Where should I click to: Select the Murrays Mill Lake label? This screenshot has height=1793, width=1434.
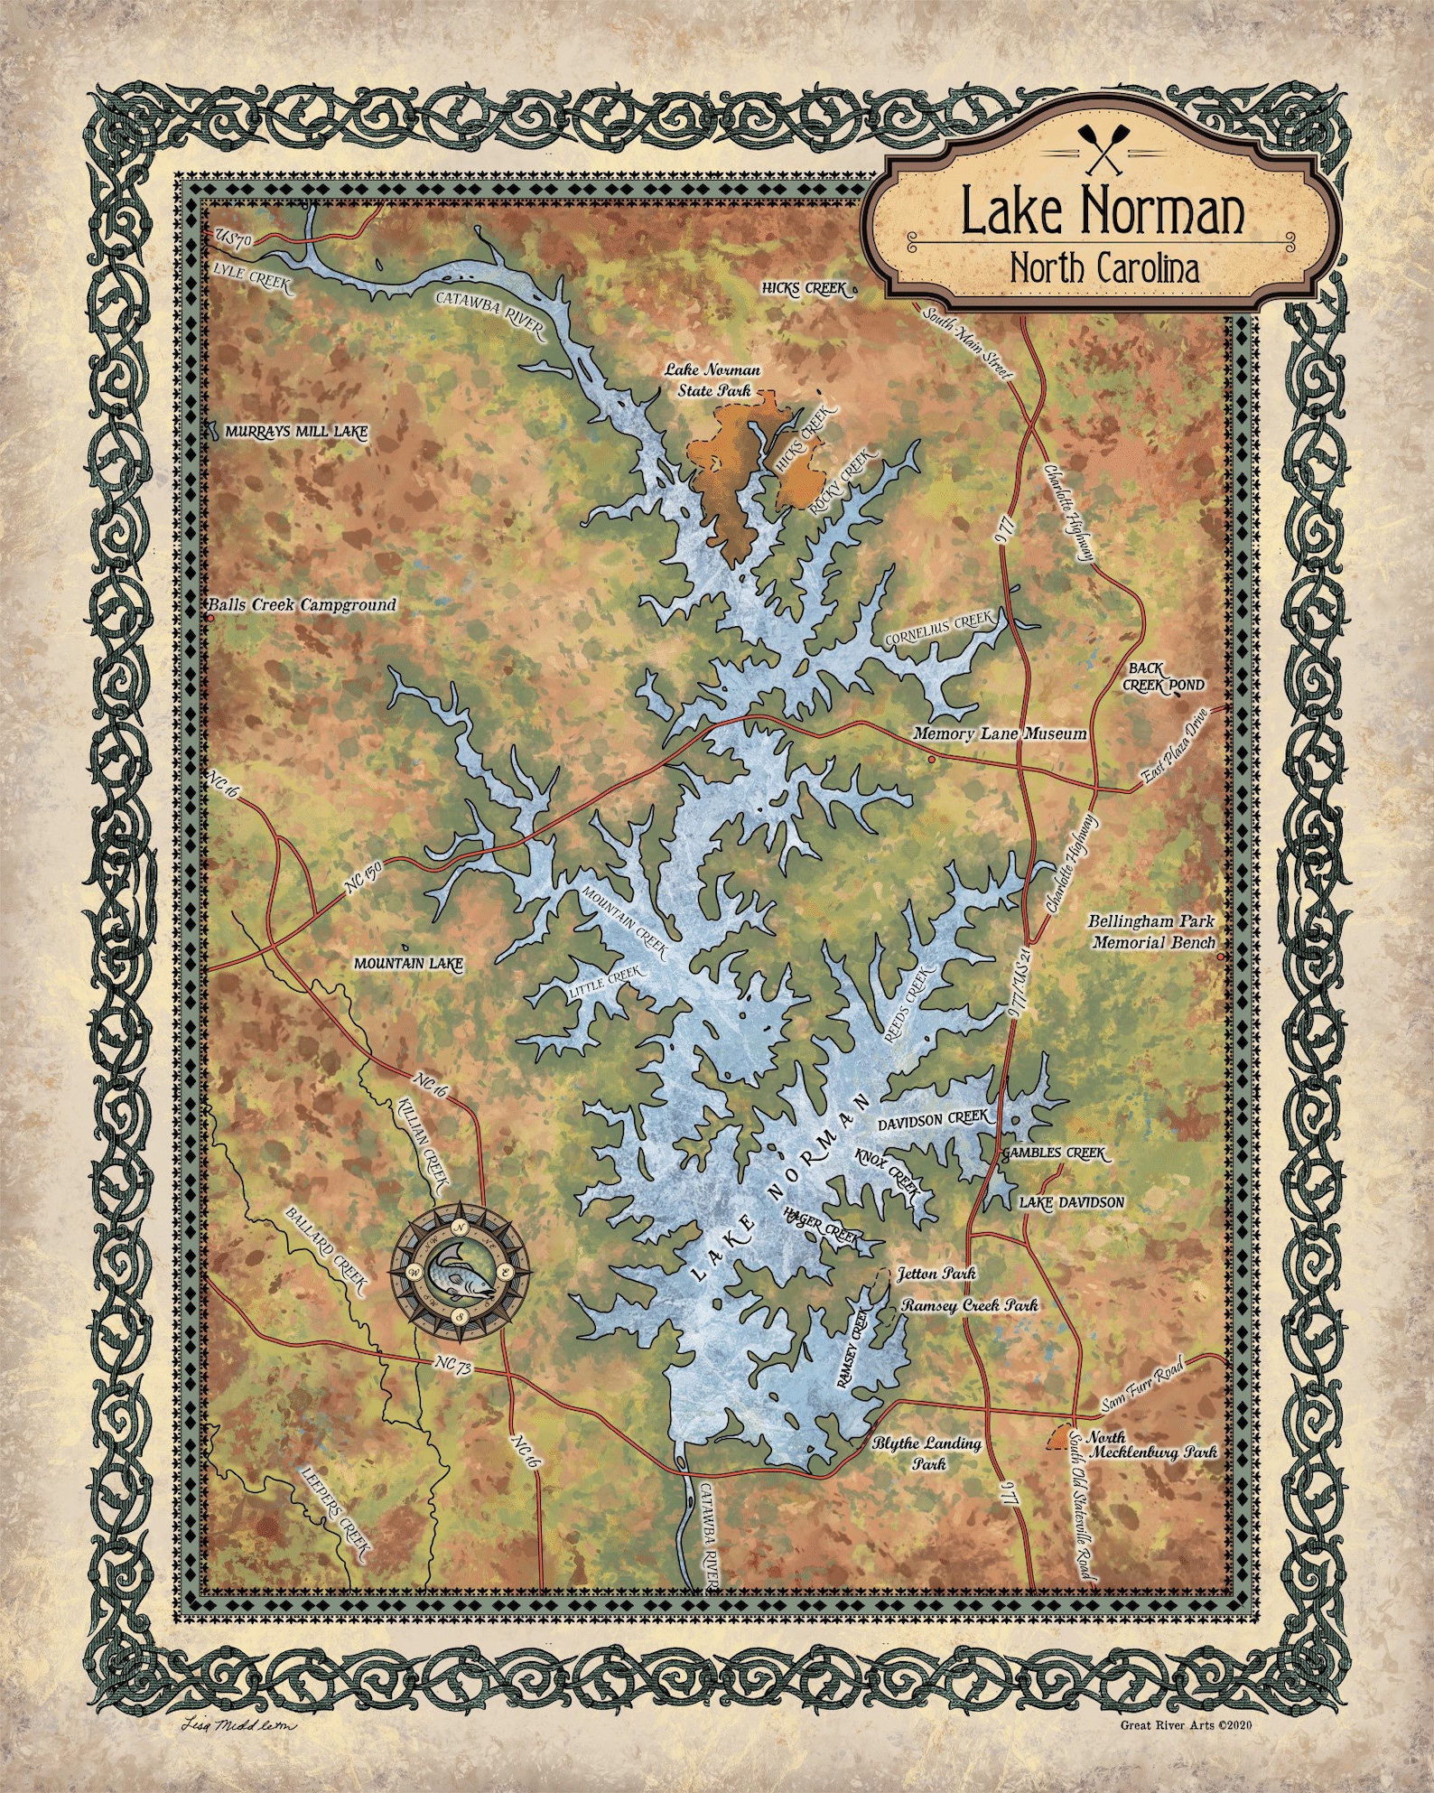[x=296, y=432]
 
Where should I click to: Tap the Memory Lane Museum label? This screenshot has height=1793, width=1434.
[x=1000, y=733]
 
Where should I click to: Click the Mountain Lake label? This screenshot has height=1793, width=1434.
[x=407, y=964]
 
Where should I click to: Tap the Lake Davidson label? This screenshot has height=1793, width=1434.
[x=1071, y=1202]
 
